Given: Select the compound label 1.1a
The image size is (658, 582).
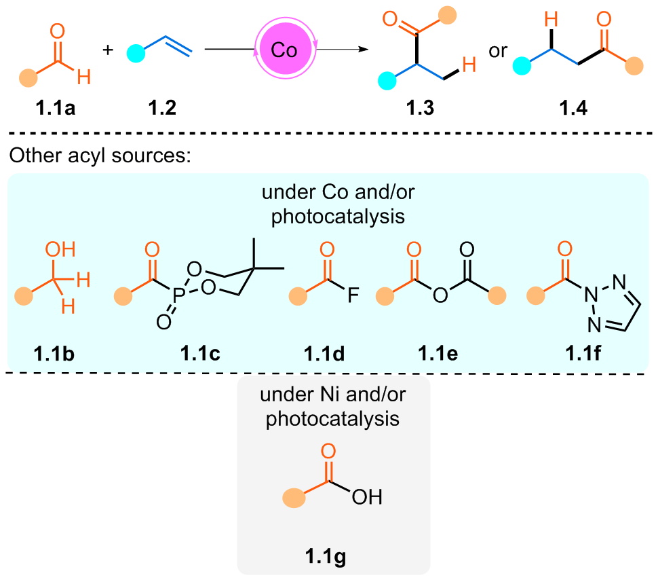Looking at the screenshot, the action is click(56, 108).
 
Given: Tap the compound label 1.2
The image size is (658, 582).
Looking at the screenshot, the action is click(162, 108).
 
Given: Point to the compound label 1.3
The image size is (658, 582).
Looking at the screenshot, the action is click(420, 108).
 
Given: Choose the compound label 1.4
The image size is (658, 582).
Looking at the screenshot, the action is click(573, 108).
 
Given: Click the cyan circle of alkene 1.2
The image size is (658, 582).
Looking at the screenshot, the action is click(136, 54).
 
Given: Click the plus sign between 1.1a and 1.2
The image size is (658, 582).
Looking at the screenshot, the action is click(108, 50).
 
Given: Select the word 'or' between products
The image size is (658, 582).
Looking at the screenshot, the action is click(498, 51).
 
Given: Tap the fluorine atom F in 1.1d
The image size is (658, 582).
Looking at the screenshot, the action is click(353, 295).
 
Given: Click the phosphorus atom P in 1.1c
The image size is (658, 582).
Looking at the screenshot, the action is click(178, 295).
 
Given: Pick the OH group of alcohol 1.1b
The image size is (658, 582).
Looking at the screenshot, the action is click(60, 249).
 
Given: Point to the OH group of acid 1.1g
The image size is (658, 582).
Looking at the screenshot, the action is click(367, 497).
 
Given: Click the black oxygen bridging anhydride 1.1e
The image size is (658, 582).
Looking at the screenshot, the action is click(440, 295).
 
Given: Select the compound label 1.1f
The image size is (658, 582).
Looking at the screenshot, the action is click(583, 353).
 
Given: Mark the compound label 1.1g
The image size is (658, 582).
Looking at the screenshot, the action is click(325, 557).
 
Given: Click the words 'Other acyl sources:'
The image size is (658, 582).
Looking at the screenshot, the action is click(100, 156).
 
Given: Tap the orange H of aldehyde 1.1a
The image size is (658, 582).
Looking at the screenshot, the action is click(84, 77).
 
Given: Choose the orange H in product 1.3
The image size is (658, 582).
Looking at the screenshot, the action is click(469, 65).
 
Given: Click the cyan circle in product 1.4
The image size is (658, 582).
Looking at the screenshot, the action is click(522, 66).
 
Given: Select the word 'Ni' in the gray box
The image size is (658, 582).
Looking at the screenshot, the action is click(329, 395).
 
